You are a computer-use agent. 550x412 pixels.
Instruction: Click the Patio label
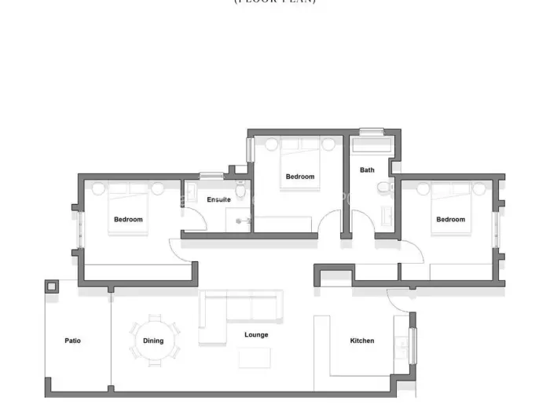tap(72, 341)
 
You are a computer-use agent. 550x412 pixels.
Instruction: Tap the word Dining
tap(153, 341)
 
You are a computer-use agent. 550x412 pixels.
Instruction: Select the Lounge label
tap(256, 335)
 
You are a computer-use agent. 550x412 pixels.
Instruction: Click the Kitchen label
tap(361, 341)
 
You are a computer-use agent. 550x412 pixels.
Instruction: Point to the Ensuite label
tap(218, 199)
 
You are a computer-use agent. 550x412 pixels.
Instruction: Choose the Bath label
tap(367, 170)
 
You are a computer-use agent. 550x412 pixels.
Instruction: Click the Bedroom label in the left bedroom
tap(128, 220)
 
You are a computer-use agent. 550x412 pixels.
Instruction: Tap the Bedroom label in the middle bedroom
tap(299, 177)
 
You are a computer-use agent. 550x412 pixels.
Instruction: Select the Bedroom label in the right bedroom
tap(450, 220)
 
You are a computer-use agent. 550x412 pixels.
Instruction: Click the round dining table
tap(154, 340)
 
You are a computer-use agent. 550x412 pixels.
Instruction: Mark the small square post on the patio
tap(52, 286)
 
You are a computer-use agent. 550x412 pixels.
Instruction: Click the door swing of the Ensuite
tap(195, 220)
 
